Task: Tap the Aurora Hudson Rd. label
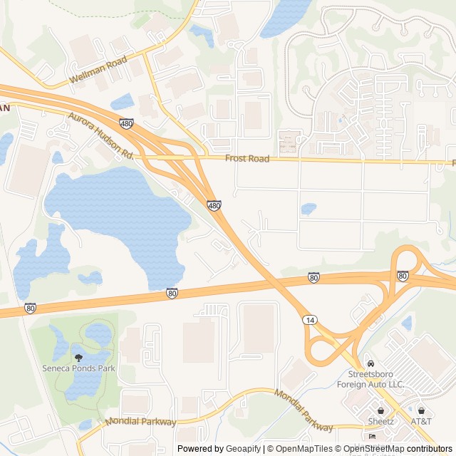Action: pos(101,135)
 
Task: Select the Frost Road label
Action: pos(247,159)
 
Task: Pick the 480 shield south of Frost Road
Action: pos(214,205)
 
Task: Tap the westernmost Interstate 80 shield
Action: pos(29,308)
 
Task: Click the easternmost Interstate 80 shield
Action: pos(403,276)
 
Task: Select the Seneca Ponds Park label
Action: pos(78,368)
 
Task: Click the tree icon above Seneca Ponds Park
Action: pos(78,356)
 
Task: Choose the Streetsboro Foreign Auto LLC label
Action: pos(375,378)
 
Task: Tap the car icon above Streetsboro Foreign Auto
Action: pos(370,363)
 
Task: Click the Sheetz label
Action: pos(381,421)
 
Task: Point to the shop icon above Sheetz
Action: pos(381,410)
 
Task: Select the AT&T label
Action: pos(421,421)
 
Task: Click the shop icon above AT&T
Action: pos(421,410)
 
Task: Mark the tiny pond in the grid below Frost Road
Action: pos(309,209)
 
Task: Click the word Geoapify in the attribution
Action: pos(243,449)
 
